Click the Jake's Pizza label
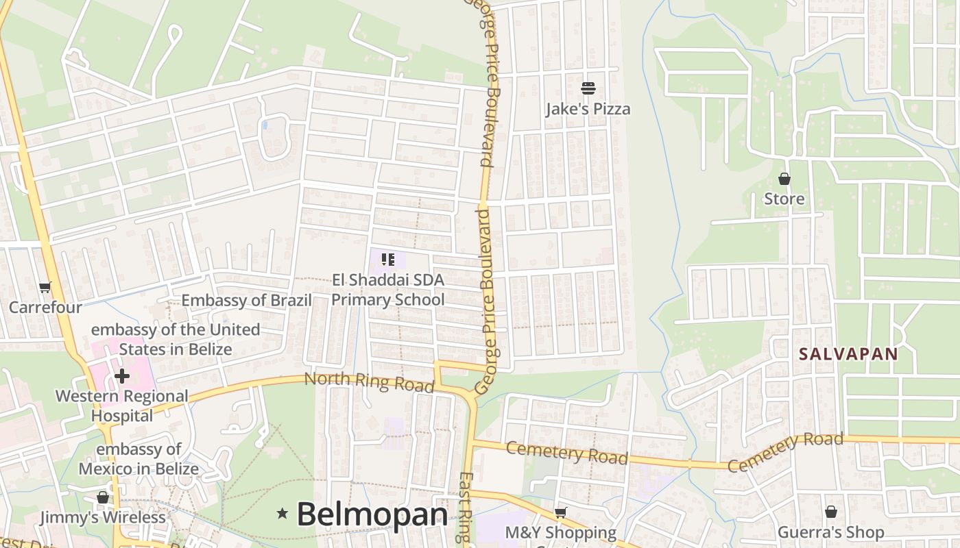(588, 109)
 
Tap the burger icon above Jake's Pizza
(588, 88)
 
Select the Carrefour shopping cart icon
(45, 288)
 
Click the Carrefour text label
(45, 308)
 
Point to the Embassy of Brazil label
(246, 300)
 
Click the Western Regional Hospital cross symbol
(122, 375)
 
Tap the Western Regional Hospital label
(122, 406)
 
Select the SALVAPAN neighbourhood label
(848, 354)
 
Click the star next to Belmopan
(282, 513)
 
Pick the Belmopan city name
(372, 514)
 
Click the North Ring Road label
(369, 382)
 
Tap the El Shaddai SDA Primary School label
(388, 290)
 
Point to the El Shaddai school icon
(388, 260)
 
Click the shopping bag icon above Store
(784, 179)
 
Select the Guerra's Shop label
(830, 532)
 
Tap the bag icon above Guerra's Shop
(830, 512)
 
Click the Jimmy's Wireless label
(103, 517)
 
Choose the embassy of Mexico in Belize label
(139, 459)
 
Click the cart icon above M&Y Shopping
(560, 512)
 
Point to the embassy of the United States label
(176, 339)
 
